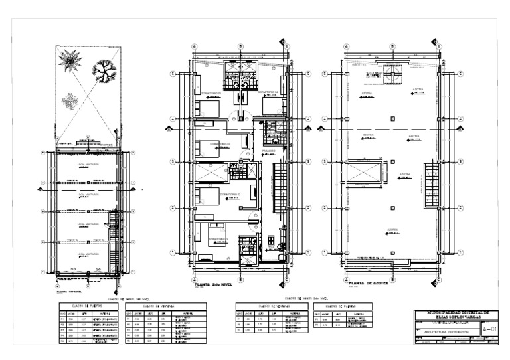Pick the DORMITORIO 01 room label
[218, 238]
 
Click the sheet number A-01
[489, 327]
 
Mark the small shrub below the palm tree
[70, 100]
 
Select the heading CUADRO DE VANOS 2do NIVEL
[303, 298]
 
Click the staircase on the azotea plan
[432, 175]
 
